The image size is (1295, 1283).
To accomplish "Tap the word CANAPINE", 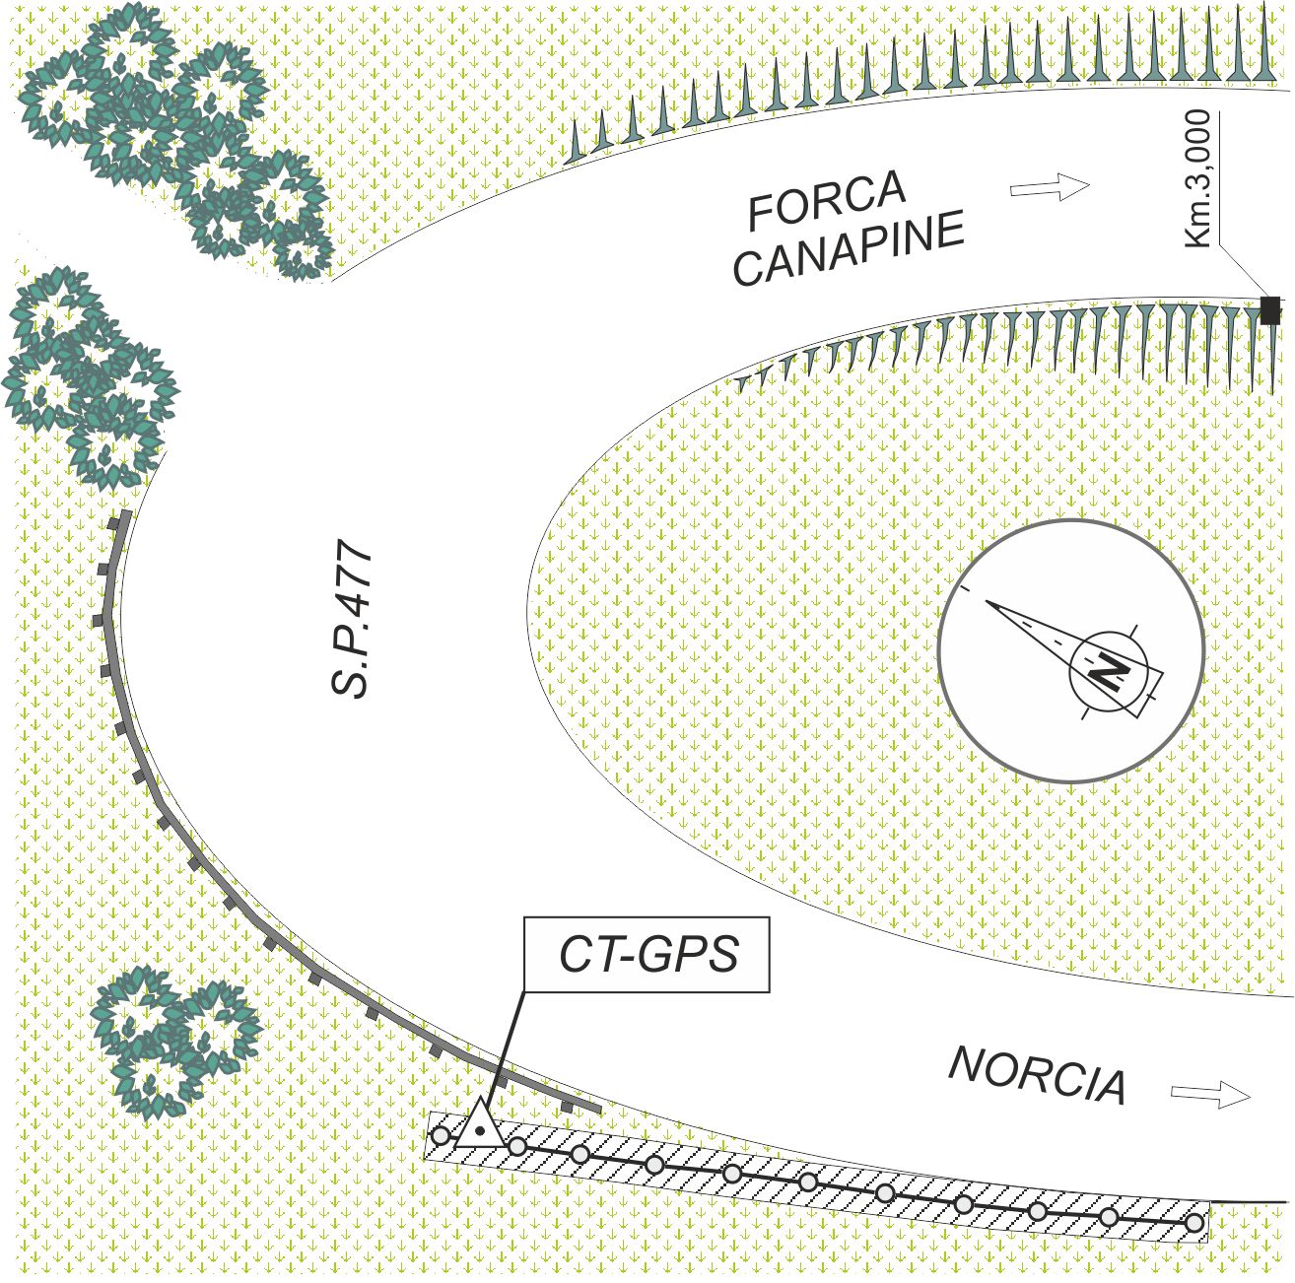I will pyautogui.click(x=849, y=250).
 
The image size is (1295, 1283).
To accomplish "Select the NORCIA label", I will pyautogui.click(x=1037, y=1076).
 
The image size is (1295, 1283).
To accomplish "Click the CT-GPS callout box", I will pyautogui.click(x=647, y=955).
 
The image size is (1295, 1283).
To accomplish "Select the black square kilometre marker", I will pyautogui.click(x=1270, y=310).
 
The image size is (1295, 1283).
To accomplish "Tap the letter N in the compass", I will pyautogui.click(x=1109, y=674).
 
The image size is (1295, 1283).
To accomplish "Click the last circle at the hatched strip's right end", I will pyautogui.click(x=1194, y=1224).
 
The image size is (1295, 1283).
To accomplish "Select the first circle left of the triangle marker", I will pyautogui.click(x=441, y=1135).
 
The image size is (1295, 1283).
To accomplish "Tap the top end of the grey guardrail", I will pyautogui.click(x=124, y=516).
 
